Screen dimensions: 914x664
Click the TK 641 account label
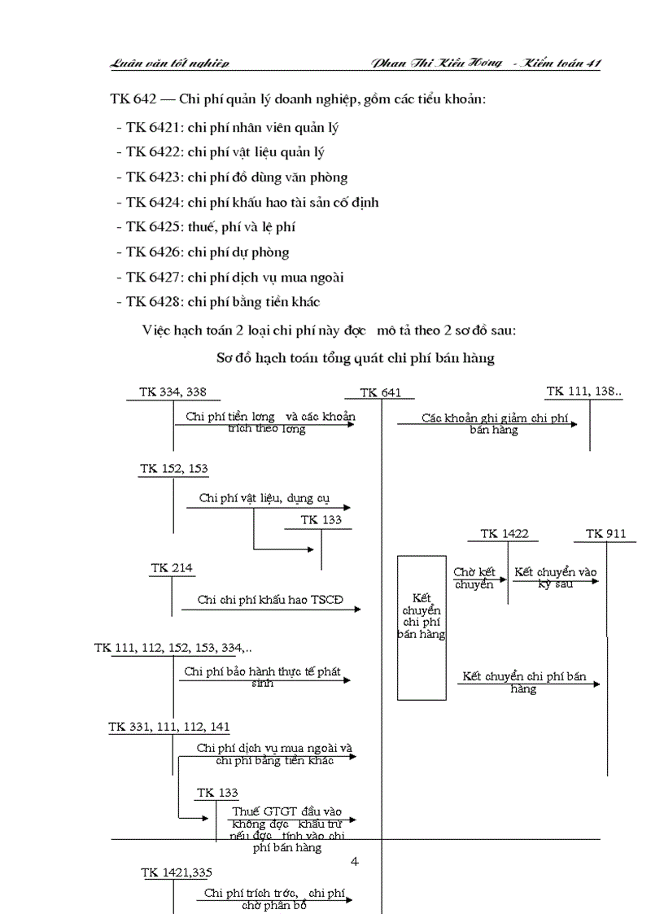380,392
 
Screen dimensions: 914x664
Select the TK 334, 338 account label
173,391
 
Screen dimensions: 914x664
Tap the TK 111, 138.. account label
584,391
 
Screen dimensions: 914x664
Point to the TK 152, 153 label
173,469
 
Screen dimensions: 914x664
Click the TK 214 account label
172,568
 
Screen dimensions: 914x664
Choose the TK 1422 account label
505,534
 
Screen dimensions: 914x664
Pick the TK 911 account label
605,534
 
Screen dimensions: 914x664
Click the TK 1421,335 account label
177,872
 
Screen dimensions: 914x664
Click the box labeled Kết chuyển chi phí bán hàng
422,627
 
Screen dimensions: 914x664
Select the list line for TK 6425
211,227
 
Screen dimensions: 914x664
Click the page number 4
354,861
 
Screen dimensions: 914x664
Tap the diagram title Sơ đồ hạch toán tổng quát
356,357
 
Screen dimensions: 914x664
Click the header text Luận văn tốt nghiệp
170,63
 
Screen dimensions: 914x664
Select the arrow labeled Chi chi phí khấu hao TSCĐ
270,607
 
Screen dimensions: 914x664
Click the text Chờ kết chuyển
474,579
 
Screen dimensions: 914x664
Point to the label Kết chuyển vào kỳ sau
556,578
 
